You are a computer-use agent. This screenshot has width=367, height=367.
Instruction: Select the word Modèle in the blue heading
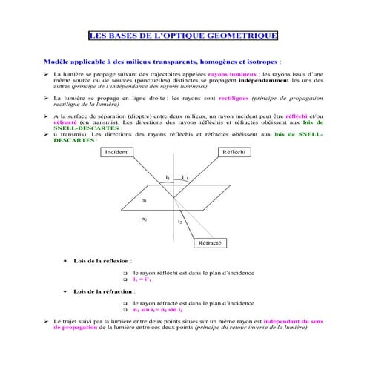[59, 62]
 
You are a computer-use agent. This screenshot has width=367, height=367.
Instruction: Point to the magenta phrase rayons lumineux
[233, 76]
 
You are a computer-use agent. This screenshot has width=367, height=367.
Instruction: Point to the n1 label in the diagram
[144, 200]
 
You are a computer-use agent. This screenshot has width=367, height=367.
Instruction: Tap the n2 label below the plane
[144, 219]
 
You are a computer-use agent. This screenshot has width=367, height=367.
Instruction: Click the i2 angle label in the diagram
[179, 222]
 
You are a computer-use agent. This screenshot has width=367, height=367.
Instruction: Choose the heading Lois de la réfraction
[103, 292]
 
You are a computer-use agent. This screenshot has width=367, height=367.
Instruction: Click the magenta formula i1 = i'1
[142, 280]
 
